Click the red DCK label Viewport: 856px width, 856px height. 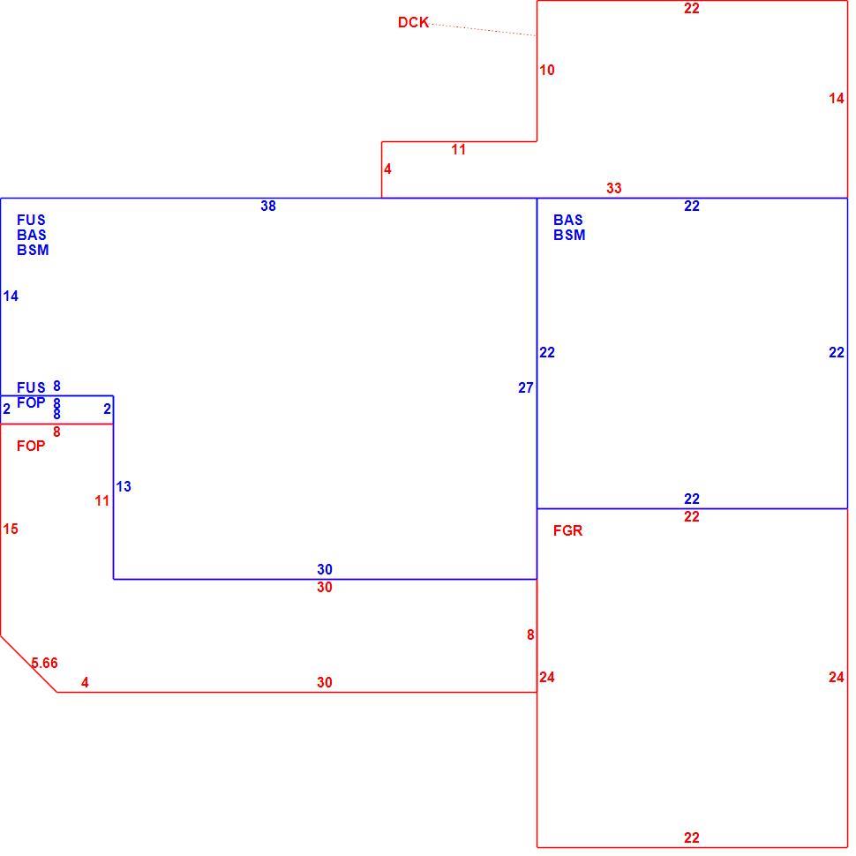click(413, 22)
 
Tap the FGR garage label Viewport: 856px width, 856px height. click(567, 530)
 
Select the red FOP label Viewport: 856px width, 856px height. click(31, 446)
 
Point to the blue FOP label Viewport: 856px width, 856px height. click(31, 403)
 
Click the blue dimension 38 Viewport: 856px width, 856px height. click(268, 206)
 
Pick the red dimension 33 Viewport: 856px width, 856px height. click(614, 188)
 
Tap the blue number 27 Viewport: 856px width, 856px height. click(526, 387)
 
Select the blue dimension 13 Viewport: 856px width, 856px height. click(124, 486)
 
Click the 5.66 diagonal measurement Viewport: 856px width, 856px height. click(44, 663)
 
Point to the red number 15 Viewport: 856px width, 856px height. click(11, 529)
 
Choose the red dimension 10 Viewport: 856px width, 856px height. click(547, 70)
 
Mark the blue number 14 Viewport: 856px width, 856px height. click(11, 296)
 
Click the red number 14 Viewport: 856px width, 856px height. click(837, 98)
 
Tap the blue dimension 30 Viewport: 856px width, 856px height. click(325, 569)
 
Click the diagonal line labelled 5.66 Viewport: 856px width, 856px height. click(28, 664)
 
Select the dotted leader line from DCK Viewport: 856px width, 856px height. click(484, 29)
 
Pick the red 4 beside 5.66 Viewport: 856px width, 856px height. click(85, 682)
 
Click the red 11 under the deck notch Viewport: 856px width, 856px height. click(459, 150)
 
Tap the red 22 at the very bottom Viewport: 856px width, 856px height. click(692, 837)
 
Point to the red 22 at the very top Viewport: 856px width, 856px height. click(692, 8)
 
